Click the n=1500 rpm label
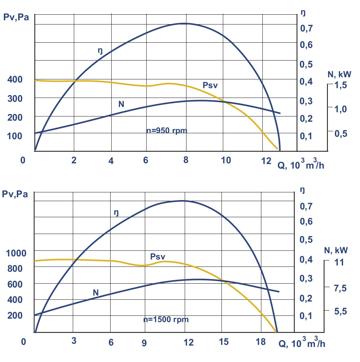point(166,319)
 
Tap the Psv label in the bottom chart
point(157,256)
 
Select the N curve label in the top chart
point(121,104)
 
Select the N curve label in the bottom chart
point(96,292)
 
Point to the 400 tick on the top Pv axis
point(15,80)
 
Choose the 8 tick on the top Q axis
point(186,160)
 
